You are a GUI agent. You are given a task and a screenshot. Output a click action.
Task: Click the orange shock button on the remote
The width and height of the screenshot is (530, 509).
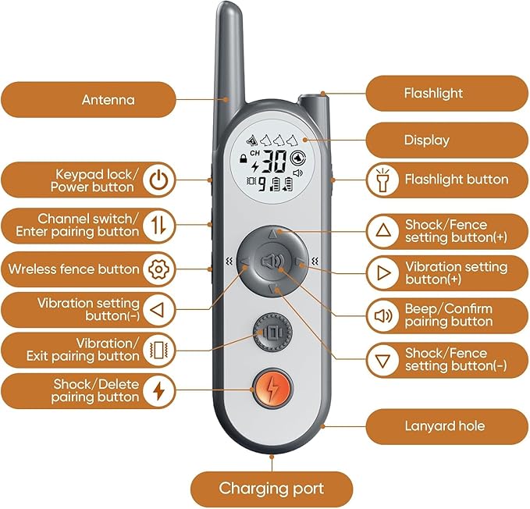[x=272, y=386]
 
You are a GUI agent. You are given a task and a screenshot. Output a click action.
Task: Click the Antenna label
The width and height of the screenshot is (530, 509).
[x=108, y=100]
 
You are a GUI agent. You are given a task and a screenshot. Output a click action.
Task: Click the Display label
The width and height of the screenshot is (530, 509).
[x=427, y=141]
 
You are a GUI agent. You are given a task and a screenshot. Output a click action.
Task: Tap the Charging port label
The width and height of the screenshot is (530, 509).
[x=271, y=489]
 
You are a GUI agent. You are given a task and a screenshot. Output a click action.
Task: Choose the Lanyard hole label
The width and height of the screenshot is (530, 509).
[x=445, y=425]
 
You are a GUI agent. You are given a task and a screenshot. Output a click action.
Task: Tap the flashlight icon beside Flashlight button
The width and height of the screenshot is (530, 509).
[x=382, y=180]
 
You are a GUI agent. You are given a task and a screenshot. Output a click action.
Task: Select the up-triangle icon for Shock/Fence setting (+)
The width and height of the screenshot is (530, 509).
[x=382, y=230]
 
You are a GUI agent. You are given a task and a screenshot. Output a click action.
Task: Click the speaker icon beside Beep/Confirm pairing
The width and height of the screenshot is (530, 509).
[x=382, y=316]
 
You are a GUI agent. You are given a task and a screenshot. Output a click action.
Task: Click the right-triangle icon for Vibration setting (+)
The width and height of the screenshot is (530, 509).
[x=382, y=272]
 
